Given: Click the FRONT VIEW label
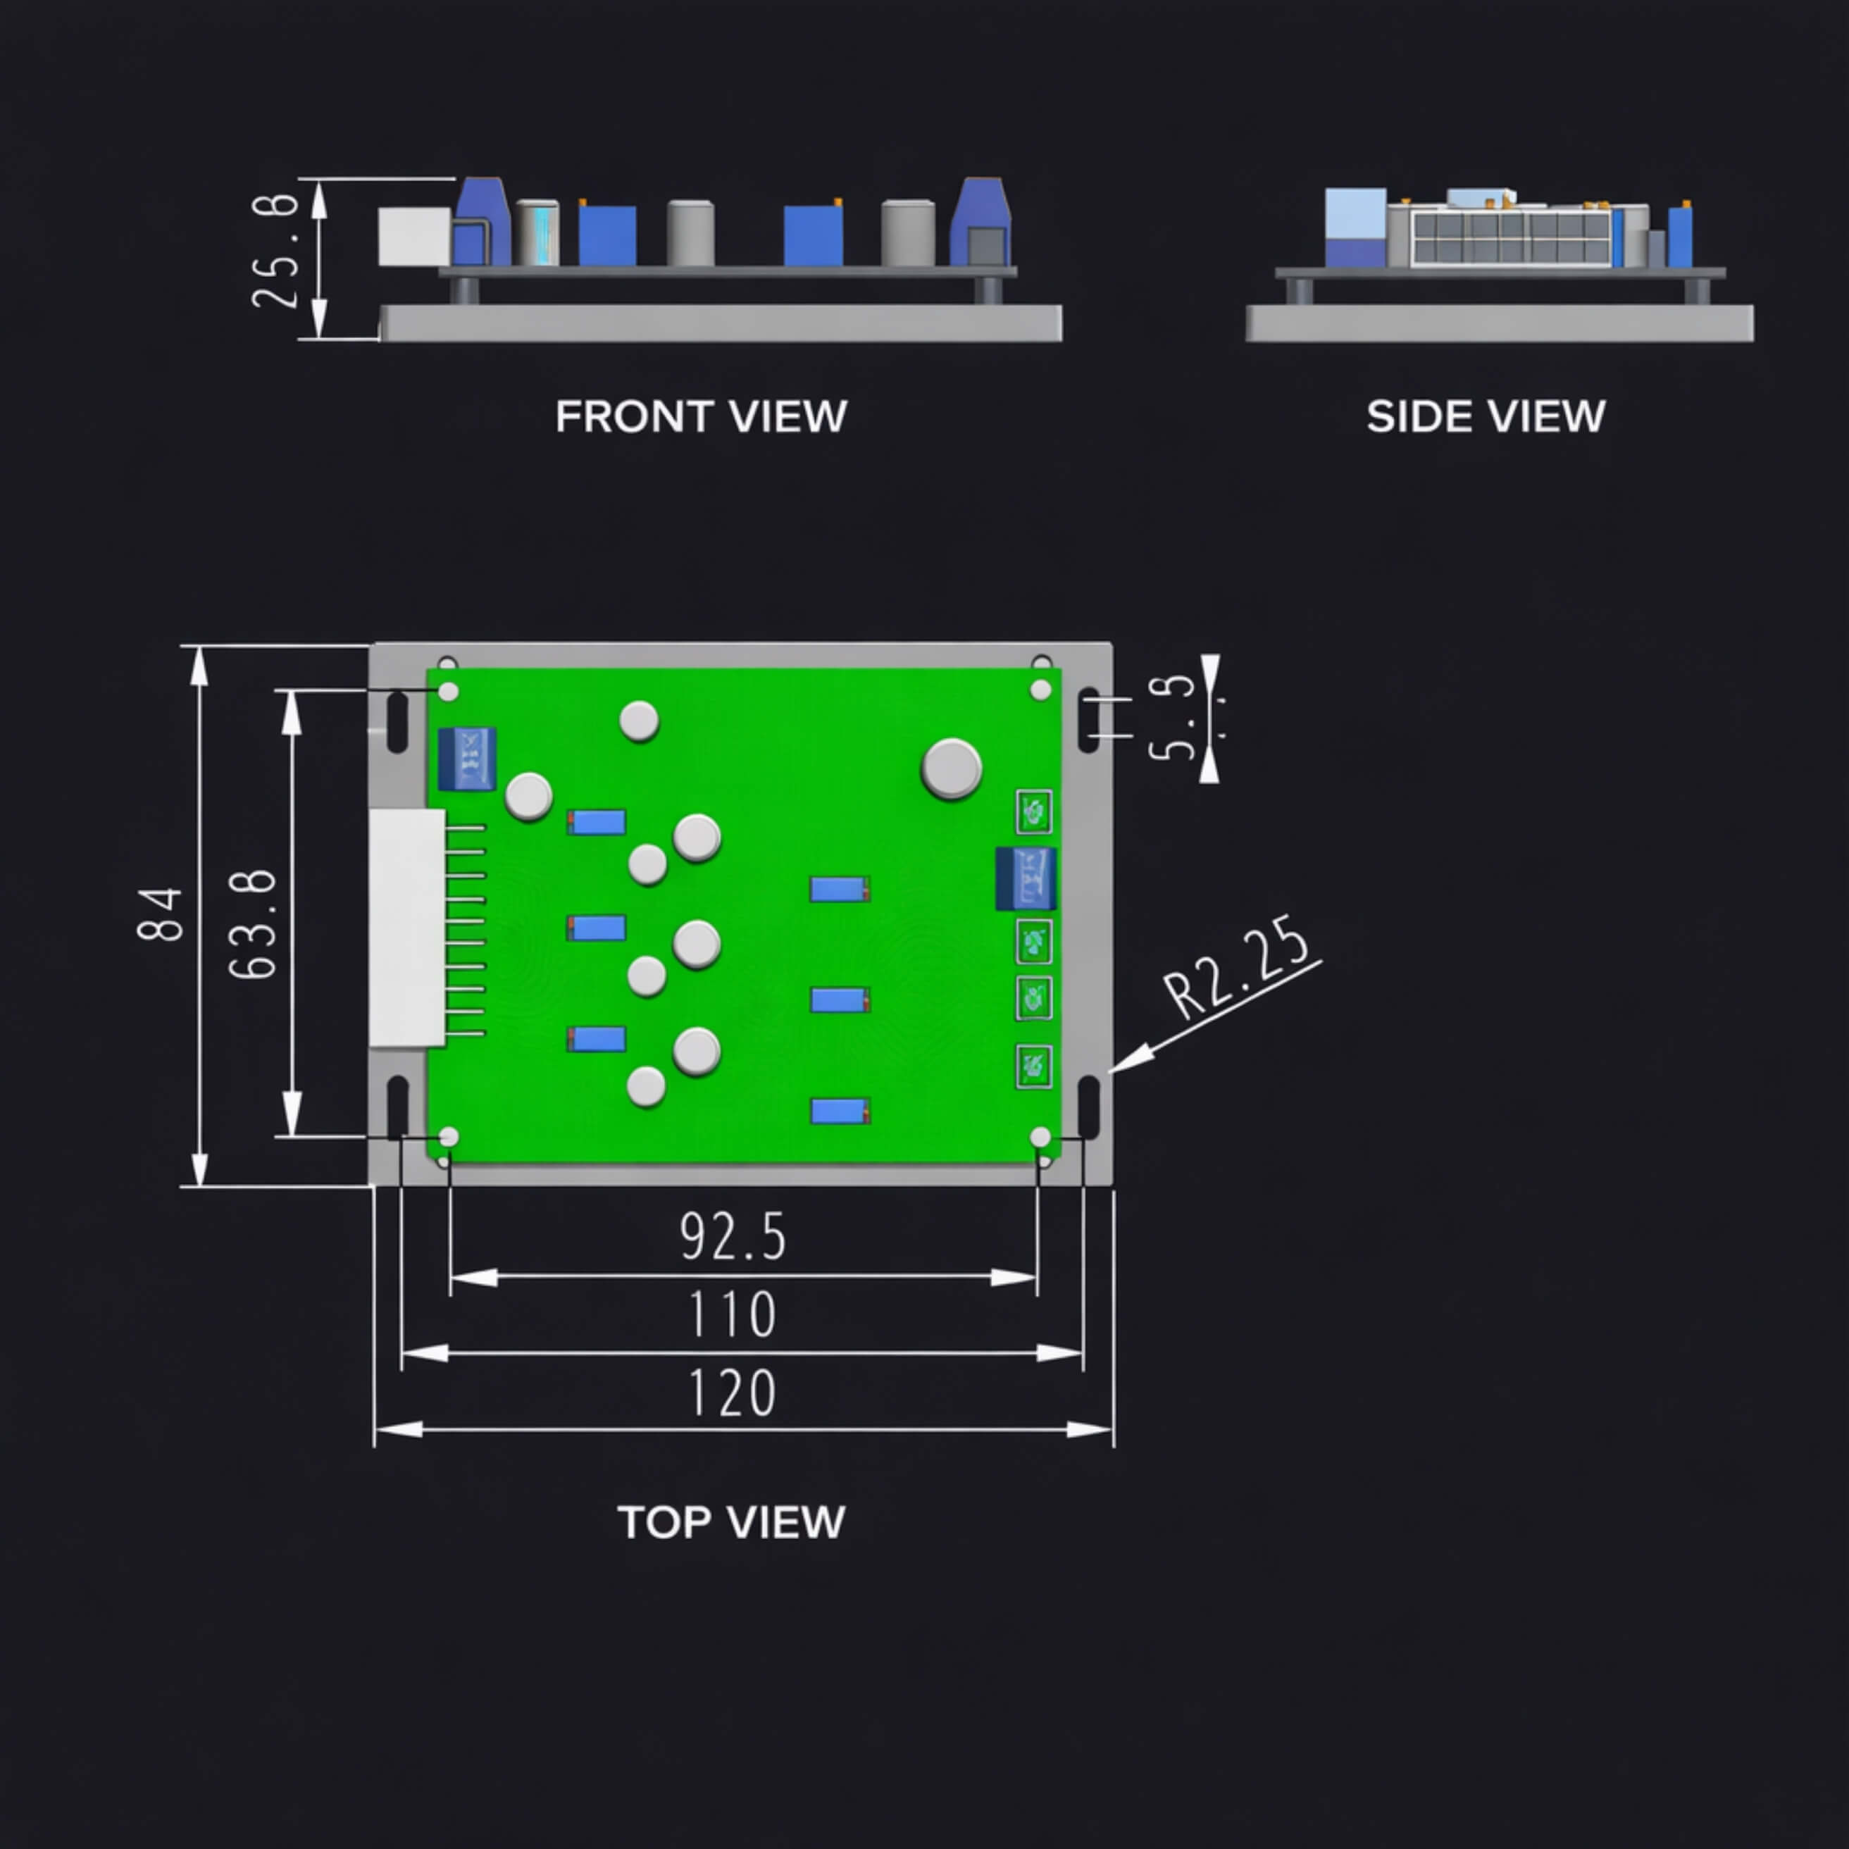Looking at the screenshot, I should tap(701, 416).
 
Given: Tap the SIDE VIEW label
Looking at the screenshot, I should tap(1486, 416).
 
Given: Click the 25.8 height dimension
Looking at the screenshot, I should tap(275, 251).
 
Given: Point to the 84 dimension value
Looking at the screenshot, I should tap(160, 915).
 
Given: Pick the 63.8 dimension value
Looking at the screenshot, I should tap(254, 923).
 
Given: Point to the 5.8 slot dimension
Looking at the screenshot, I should tap(1172, 718).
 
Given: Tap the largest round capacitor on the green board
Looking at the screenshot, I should tap(952, 768).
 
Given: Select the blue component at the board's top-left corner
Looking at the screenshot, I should tap(467, 759).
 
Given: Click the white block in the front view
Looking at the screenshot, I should tap(413, 235).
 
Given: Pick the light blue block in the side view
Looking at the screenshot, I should tap(1355, 213).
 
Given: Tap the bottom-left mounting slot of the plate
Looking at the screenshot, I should tap(397, 1107).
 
